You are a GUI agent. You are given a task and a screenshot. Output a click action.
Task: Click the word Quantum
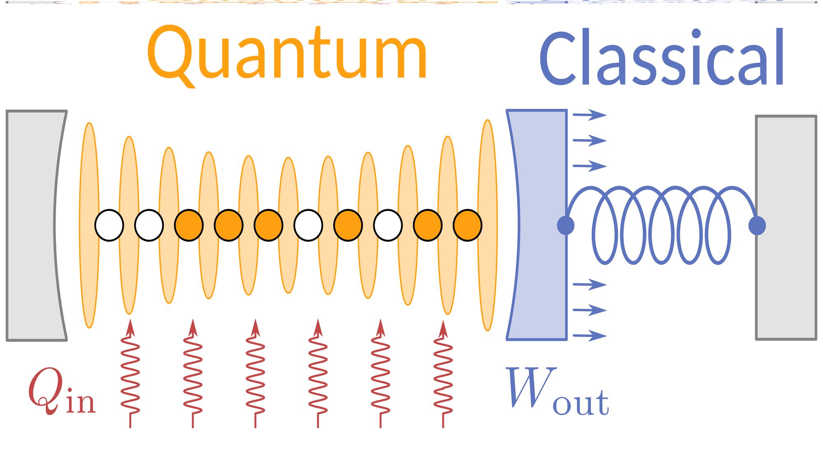(x=287, y=54)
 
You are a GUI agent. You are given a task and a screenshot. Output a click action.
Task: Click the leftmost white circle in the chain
(x=109, y=225)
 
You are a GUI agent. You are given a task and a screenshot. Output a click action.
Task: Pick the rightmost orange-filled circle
(x=467, y=225)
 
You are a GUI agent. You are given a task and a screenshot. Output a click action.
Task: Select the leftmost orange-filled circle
(x=189, y=225)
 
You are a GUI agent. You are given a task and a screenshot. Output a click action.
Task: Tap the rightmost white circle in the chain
(x=388, y=225)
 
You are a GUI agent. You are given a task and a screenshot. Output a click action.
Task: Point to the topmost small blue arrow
(x=590, y=114)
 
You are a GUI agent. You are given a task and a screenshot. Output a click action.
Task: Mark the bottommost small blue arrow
(x=590, y=336)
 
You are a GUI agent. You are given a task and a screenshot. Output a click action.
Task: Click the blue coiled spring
(x=661, y=225)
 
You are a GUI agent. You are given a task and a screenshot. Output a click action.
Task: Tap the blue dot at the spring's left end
(x=566, y=225)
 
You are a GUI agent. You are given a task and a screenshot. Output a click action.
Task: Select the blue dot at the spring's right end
(x=757, y=225)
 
